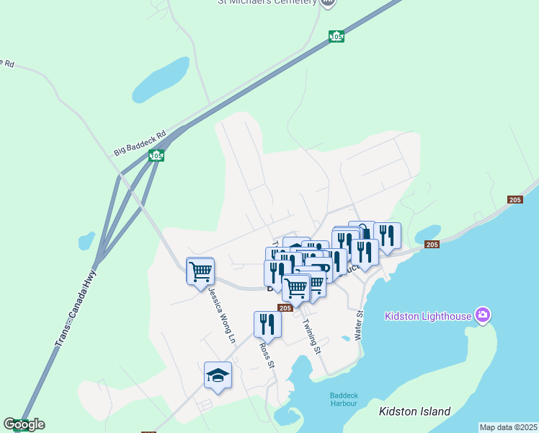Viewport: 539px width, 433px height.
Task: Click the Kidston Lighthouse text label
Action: coord(428,315)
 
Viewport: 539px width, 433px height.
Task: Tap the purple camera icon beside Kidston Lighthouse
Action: coord(482,315)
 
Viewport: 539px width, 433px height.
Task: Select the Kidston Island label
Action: coord(414,412)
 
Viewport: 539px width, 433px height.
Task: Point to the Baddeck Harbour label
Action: coord(344,399)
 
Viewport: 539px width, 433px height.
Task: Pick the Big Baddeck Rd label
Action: coord(140,143)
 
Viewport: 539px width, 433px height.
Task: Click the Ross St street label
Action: coord(267,354)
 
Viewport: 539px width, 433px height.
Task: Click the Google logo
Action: coord(24,424)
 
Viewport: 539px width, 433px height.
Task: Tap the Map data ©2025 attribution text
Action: coord(509,427)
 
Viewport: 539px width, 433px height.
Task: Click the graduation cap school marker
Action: coord(218,375)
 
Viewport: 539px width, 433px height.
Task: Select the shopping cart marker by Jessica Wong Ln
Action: coord(200,271)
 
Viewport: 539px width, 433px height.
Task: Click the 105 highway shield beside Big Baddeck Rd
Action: coord(156,156)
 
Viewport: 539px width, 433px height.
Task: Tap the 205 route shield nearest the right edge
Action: coord(514,200)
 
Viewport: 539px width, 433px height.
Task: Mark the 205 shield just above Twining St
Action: coord(285,308)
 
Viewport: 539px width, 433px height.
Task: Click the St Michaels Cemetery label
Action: coord(267,2)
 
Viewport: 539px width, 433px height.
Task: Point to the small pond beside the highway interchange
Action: coord(86,240)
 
